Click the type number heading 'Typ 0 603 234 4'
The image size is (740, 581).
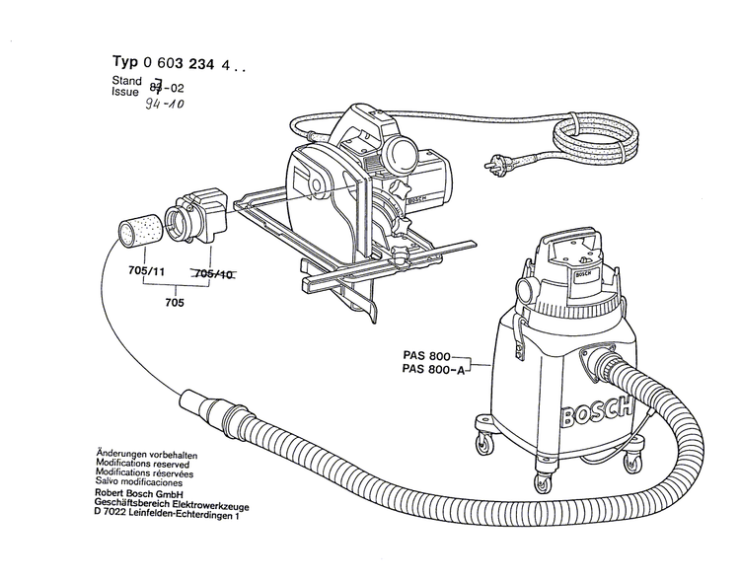pyautogui.click(x=172, y=63)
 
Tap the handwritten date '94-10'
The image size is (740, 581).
pyautogui.click(x=163, y=104)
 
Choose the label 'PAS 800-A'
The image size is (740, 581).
pyautogui.click(x=433, y=369)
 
